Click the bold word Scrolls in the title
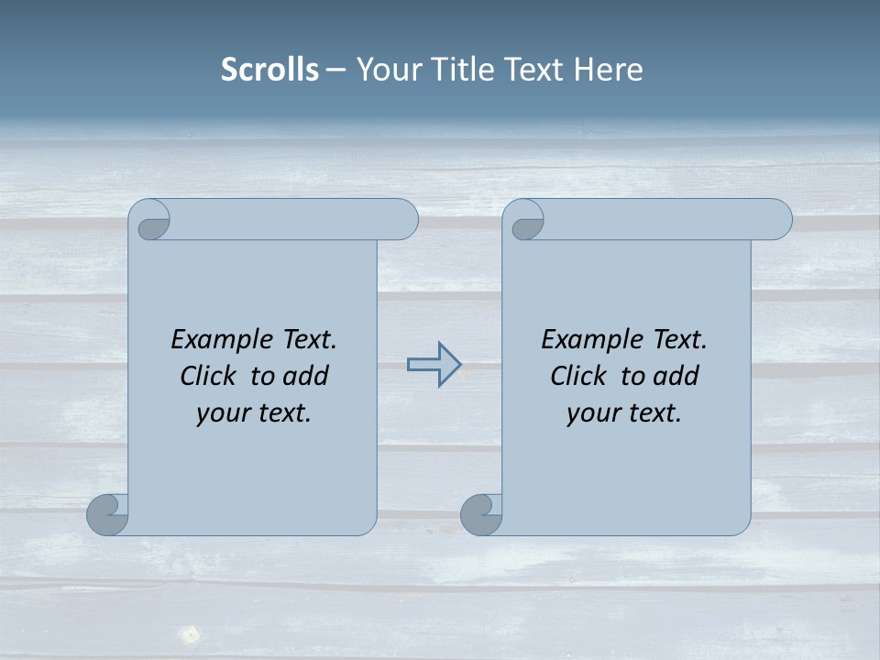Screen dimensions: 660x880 click(x=269, y=70)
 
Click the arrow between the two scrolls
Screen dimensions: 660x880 click(x=434, y=364)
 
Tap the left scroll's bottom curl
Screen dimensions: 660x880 click(x=108, y=514)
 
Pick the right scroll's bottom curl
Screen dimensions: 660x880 click(x=481, y=514)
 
